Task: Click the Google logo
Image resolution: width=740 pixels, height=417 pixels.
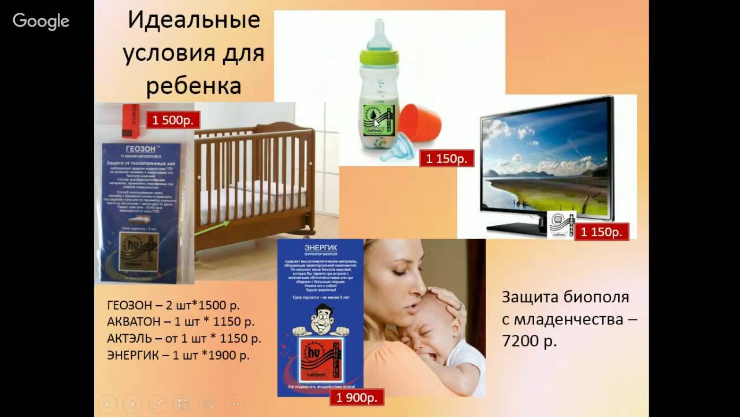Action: tap(41, 21)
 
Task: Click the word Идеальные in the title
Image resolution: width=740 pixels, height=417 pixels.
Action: tap(194, 21)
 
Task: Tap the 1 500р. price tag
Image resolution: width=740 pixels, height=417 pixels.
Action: tap(173, 120)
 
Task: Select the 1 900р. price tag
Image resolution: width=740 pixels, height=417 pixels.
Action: tap(357, 397)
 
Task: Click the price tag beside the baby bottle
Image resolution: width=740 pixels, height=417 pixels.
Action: tap(447, 158)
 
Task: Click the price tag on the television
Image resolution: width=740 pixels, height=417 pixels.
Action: tap(601, 232)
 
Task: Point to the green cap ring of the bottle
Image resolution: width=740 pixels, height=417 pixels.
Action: tap(379, 57)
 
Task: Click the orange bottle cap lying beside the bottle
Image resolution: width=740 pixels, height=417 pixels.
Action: tap(419, 123)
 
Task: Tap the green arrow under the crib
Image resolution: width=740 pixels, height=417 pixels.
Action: tap(212, 228)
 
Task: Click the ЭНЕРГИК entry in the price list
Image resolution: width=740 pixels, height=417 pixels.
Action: tap(131, 355)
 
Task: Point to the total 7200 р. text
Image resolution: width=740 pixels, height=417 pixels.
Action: tap(529, 341)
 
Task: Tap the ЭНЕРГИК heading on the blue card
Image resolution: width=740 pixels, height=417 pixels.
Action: tap(320, 248)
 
